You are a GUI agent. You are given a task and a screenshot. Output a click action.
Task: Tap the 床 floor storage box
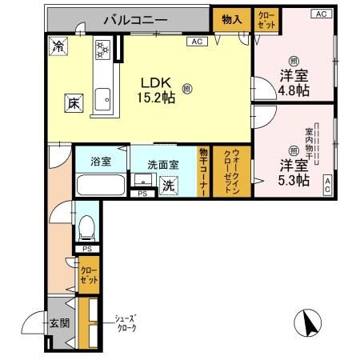pos(72,102)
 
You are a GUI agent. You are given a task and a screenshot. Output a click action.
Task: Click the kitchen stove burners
pos(102,48)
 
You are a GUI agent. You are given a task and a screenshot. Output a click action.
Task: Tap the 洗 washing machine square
pos(169,185)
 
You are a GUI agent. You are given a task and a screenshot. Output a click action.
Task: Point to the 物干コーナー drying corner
pos(204,172)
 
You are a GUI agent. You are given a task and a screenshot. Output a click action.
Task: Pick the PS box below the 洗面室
pos(142,194)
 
